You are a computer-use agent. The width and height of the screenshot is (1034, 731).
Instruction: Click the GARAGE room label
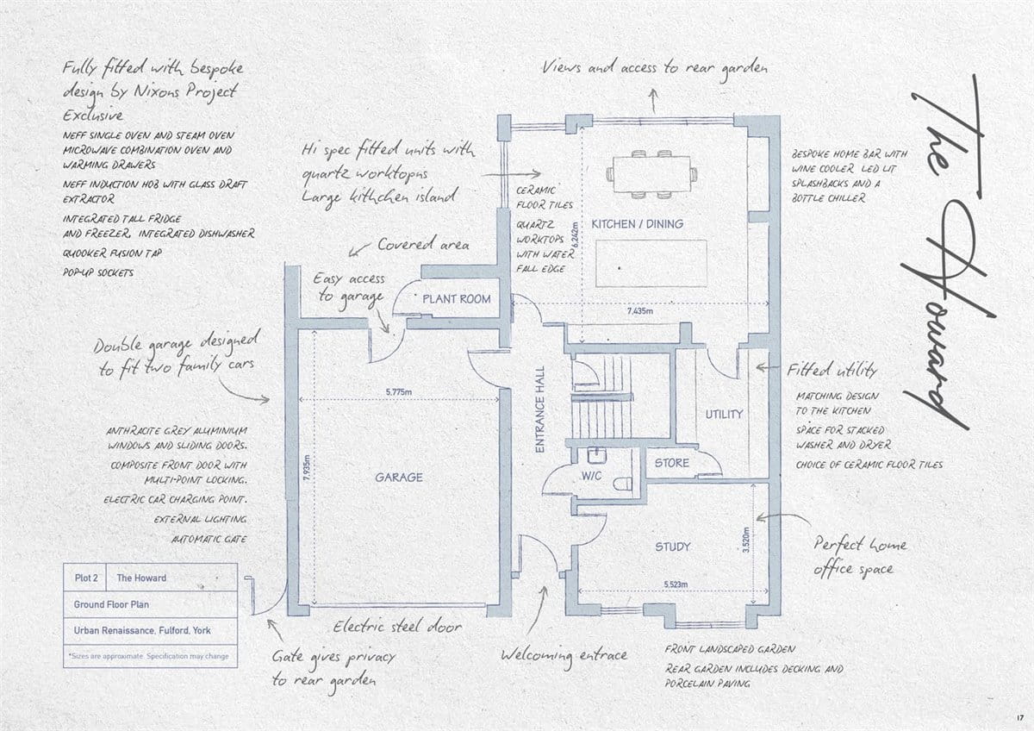coord(399,477)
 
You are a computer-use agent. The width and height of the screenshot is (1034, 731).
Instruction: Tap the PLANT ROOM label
coord(457,299)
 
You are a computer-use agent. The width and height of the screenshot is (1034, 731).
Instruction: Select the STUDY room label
coord(673,547)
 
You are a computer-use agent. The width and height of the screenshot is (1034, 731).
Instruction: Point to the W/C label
coord(591,476)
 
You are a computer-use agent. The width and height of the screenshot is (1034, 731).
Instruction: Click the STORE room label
coord(671,463)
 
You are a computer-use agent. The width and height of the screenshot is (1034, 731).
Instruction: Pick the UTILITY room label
coord(724,415)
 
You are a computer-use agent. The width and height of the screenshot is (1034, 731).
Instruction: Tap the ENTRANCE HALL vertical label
coord(540,409)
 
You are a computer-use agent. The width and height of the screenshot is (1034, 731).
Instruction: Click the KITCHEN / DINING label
coord(638,224)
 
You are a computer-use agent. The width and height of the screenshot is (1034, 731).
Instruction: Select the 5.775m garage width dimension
coord(399,392)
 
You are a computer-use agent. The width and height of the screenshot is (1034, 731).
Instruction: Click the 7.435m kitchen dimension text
coord(639,311)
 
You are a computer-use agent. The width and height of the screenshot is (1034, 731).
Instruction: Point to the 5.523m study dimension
coord(676,584)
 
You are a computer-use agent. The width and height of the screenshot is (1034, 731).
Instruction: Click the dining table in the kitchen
coord(651,174)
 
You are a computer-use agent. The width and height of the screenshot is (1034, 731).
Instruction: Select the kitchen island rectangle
coord(651,263)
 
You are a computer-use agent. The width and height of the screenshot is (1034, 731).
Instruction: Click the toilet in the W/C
coord(624,484)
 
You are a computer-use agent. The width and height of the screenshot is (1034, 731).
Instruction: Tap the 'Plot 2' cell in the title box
coord(86,578)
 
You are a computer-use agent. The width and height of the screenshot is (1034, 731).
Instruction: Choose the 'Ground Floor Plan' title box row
coord(151,604)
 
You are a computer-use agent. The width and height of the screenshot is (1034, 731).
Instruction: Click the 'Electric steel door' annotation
coord(397,627)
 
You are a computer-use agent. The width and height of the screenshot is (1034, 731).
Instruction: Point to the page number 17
coord(1019,717)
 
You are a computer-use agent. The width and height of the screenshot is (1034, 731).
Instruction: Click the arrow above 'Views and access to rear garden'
coord(653,101)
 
